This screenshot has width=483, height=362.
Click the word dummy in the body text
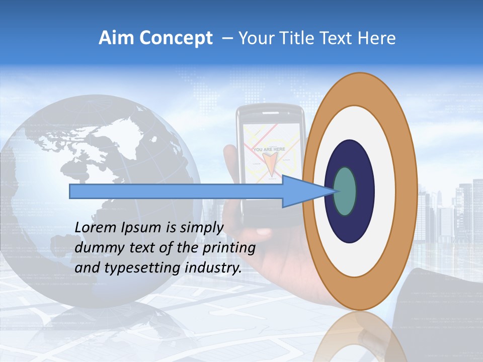click(98, 248)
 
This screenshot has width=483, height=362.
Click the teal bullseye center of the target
click(345, 192)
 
